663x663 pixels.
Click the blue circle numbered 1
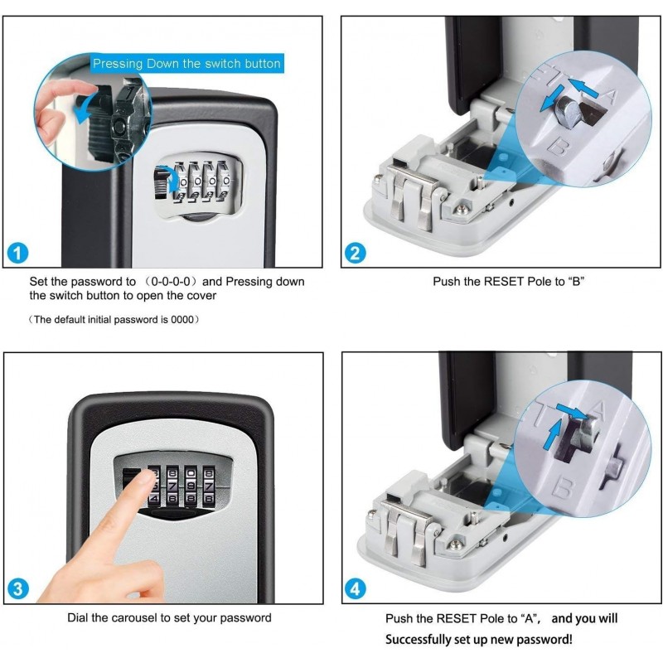pyautogui.click(x=17, y=254)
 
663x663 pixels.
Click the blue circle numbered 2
pyautogui.click(x=356, y=253)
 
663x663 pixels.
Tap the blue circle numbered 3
pyautogui.click(x=17, y=589)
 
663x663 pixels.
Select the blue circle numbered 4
pyautogui.click(x=356, y=589)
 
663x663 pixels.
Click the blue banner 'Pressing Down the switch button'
pyautogui.click(x=187, y=64)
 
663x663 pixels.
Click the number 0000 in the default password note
pyautogui.click(x=181, y=320)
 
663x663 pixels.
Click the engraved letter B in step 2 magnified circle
pyautogui.click(x=558, y=147)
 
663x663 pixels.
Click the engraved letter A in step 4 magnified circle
pyautogui.click(x=597, y=410)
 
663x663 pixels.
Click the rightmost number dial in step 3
pyautogui.click(x=209, y=486)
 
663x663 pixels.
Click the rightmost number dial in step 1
pyautogui.click(x=225, y=181)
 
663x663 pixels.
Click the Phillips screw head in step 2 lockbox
pyautogui.click(x=463, y=209)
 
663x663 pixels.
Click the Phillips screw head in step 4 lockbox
pyautogui.click(x=455, y=545)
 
